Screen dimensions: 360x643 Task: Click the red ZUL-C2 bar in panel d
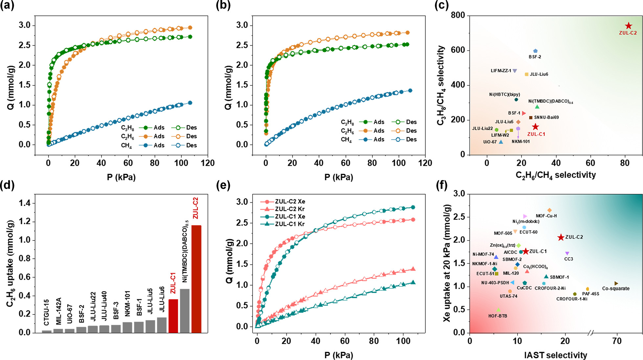pos(196,279)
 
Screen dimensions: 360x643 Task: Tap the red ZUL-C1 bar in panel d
pos(173,316)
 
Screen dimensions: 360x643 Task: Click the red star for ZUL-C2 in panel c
pos(628,26)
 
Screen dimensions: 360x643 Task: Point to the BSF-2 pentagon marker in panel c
pos(535,51)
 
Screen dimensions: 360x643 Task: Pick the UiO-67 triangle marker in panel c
pos(501,142)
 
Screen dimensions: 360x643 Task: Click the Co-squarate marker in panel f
pos(616,283)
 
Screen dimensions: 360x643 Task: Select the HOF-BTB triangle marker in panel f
pos(499,310)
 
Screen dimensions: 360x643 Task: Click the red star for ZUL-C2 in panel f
pos(561,237)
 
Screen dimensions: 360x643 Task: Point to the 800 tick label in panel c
pos(458,15)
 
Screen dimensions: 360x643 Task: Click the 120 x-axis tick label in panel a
pos(208,163)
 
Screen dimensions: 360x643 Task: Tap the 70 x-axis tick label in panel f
pos(617,341)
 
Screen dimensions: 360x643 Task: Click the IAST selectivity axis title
pos(555,355)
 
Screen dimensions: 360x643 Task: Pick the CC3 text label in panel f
pos(568,259)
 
